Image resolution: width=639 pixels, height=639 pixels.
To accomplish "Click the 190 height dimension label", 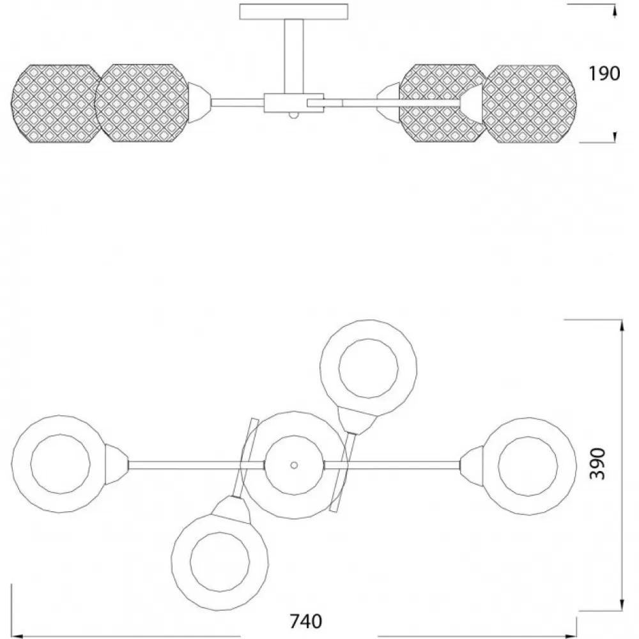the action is pos(604,73).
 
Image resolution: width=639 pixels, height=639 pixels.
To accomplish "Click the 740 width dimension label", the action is pos(305,622).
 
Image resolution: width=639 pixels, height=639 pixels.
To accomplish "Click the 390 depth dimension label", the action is pos(598,464).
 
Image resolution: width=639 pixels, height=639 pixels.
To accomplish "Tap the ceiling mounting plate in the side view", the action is pos(294,12).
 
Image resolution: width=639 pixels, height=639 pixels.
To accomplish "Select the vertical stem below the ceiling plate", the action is pos(294,57).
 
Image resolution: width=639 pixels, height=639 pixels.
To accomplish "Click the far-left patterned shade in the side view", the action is pos(56,104).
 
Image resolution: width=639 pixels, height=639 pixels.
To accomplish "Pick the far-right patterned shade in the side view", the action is pos(529,104).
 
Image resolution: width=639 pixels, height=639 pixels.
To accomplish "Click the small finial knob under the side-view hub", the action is pos(294,115).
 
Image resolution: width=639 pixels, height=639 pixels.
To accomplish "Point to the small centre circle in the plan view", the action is pos(294,465).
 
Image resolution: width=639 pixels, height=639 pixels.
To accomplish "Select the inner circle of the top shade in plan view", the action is pos(369,369).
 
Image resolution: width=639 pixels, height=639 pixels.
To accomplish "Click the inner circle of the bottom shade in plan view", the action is pos(220,562).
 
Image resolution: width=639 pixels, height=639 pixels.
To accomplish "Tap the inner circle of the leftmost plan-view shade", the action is pos(60,464).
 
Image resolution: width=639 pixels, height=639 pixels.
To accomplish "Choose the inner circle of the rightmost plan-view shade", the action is pos(528,466).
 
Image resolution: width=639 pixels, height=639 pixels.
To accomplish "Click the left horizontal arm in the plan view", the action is pos(197,465).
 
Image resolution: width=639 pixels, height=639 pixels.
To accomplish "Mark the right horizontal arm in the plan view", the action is pos(392,465).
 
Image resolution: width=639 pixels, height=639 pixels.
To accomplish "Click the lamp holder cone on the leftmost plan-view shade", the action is pos(116,465).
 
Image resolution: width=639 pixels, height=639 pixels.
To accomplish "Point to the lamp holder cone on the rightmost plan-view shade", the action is pos(472,465).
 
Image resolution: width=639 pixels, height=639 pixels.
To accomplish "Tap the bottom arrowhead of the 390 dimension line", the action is pos(622,604).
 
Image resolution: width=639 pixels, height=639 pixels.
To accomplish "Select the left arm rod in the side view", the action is pos(237,102).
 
